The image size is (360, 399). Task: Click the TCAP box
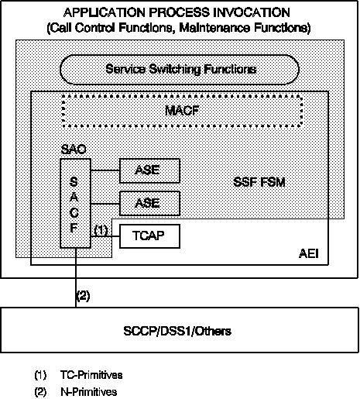[149, 236]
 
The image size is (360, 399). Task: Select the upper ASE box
[149, 170]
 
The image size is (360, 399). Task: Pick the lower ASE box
[149, 203]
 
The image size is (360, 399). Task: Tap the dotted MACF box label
[182, 111]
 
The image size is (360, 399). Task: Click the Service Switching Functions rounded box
[180, 70]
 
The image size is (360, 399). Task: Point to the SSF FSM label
[259, 182]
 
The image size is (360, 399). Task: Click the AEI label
[309, 253]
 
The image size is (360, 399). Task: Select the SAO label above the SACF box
[74, 149]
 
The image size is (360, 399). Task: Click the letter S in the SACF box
[74, 181]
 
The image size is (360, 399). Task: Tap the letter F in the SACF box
[74, 228]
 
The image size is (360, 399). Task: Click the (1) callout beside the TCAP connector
[101, 229]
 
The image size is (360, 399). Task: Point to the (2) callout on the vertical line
[83, 296]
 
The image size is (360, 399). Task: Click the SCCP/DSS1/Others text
[177, 331]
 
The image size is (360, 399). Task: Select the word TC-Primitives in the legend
[91, 375]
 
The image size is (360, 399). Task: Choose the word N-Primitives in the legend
[89, 392]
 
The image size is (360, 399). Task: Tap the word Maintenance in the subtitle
[214, 28]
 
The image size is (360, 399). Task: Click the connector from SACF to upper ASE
[105, 170]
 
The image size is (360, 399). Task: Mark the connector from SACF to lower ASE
[105, 204]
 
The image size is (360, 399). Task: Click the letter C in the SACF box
[74, 213]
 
